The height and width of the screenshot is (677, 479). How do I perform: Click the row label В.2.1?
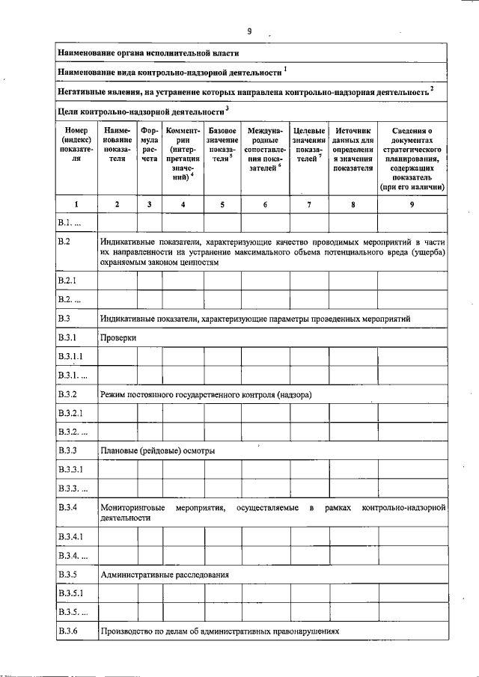pos(68,280)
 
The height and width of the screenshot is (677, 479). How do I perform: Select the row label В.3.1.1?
pos(71,356)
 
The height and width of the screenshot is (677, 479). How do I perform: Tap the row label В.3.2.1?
pos(71,413)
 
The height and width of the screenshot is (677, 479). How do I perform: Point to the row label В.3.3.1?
pos(71,470)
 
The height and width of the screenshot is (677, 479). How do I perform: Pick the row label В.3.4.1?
pos(71,536)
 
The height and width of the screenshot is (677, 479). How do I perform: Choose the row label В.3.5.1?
pos(71,593)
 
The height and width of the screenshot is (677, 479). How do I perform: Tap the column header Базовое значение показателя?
pos(222,150)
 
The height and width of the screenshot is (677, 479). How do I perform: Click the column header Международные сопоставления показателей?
pos(265,150)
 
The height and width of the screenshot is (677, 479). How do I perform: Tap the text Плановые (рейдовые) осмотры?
pos(158,451)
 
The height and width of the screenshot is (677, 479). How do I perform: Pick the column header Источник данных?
pos(353,150)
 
